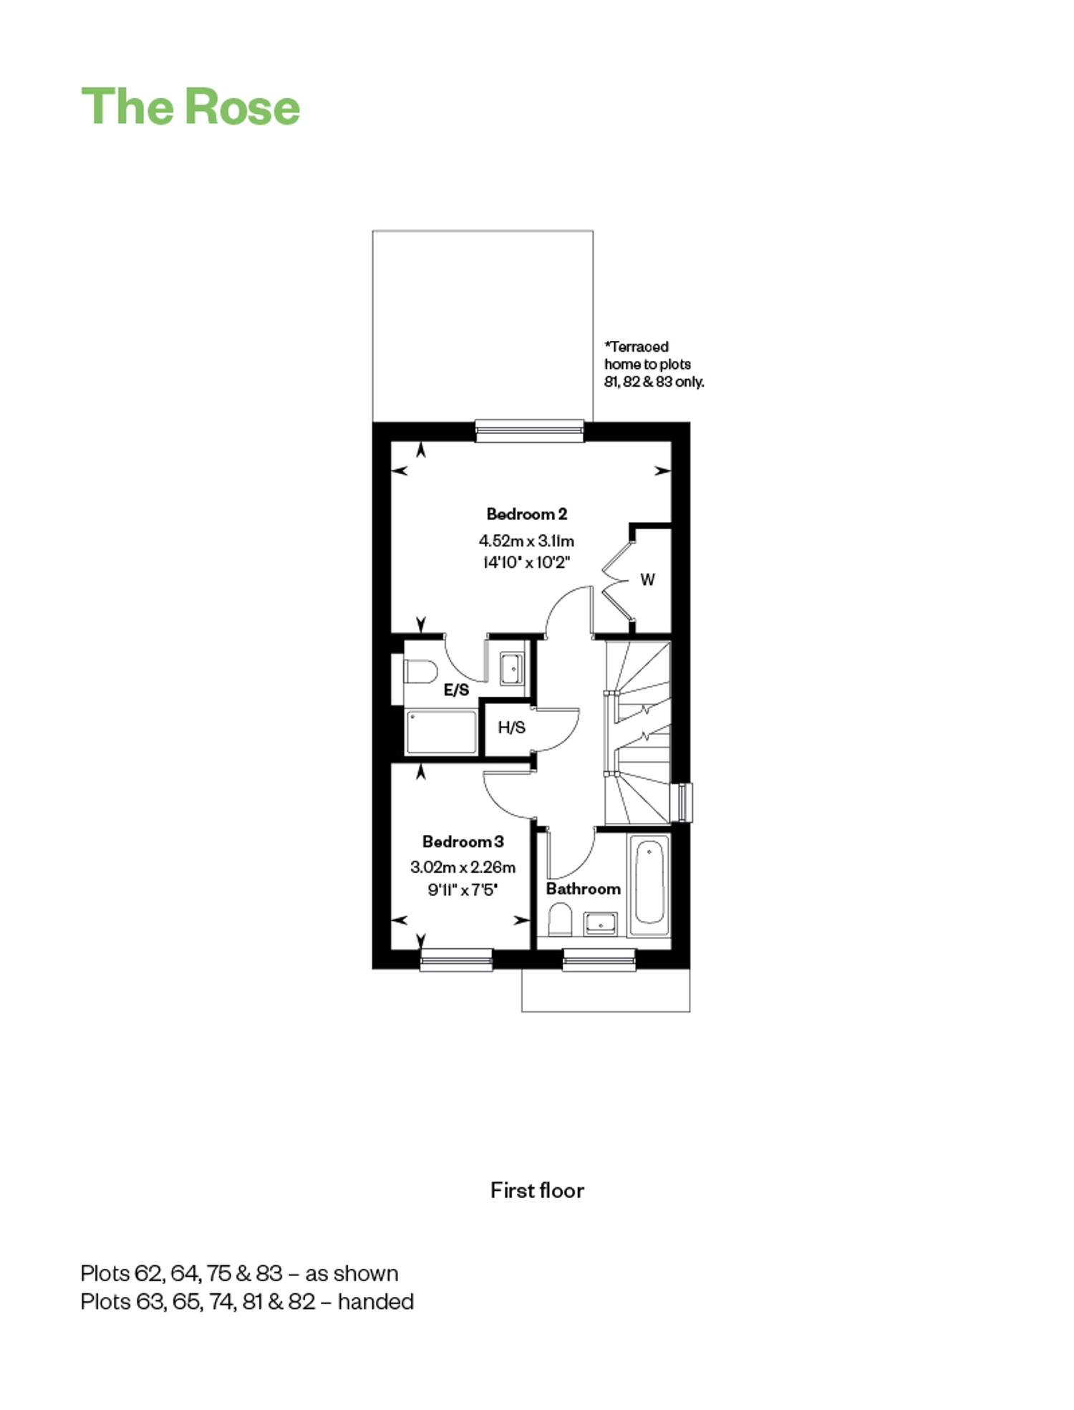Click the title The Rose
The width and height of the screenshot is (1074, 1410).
click(190, 107)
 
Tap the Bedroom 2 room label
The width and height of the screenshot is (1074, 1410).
click(526, 514)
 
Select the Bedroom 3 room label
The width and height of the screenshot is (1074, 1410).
click(463, 841)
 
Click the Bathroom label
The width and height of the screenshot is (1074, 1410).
click(583, 889)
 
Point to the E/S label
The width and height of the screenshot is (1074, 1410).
click(456, 690)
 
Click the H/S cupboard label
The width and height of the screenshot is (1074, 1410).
click(511, 728)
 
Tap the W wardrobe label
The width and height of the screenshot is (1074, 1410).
click(647, 579)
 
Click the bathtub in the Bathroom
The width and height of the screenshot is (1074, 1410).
click(649, 885)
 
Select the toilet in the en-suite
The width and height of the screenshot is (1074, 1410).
click(420, 672)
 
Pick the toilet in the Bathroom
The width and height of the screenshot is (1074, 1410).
click(560, 919)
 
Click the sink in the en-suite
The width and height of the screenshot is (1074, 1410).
click(512, 668)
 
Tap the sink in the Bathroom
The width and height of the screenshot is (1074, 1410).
click(600, 924)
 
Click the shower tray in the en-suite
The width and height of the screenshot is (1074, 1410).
click(441, 732)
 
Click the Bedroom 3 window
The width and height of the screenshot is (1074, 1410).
click(456, 960)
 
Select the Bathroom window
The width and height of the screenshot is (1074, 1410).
click(599, 960)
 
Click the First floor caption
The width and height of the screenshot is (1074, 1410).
click(537, 1190)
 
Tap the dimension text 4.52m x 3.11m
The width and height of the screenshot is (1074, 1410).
click(526, 541)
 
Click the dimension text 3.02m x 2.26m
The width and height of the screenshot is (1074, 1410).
click(463, 867)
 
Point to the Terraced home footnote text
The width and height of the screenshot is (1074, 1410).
click(654, 364)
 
